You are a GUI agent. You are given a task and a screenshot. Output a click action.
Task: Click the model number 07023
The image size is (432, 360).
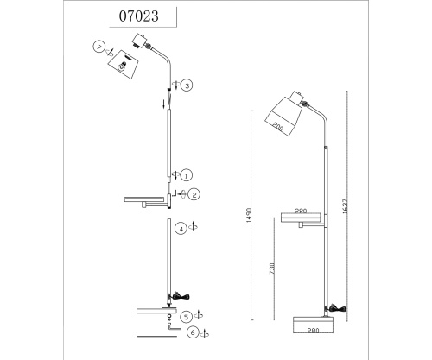pyautogui.click(x=139, y=16)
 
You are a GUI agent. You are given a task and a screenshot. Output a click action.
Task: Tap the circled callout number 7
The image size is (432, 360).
pyautogui.click(x=99, y=47)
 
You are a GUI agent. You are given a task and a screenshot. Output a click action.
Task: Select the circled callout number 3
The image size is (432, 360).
pyautogui.click(x=187, y=85)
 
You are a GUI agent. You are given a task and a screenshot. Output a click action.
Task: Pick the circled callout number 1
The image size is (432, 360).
pyautogui.click(x=187, y=175)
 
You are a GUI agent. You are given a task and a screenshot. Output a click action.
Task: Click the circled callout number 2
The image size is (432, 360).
pyautogui.click(x=194, y=195)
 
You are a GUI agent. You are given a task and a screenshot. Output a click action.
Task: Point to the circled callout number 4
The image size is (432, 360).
pyautogui.click(x=181, y=229)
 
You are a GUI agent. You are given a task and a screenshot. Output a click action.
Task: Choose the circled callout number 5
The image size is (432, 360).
pyautogui.click(x=187, y=317)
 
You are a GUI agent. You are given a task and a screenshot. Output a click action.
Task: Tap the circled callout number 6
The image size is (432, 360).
pyautogui.click(x=193, y=332)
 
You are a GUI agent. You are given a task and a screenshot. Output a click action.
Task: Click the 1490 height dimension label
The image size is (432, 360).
pyautogui.click(x=249, y=215)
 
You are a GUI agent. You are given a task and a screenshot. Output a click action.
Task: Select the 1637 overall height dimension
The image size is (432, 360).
pyautogui.click(x=346, y=206)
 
